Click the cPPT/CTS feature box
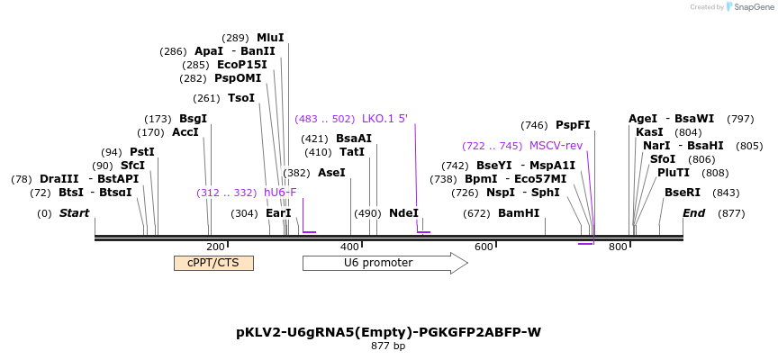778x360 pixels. [x=213, y=263]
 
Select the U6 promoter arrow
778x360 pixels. [x=385, y=263]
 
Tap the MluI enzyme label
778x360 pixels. [x=270, y=38]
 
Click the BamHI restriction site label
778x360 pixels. [x=519, y=213]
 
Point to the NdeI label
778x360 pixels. [x=404, y=213]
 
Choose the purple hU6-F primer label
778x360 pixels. [x=280, y=193]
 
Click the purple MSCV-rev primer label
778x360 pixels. [x=556, y=146]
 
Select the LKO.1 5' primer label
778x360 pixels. [x=385, y=119]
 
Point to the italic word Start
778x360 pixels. [x=75, y=213]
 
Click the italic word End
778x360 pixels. [x=693, y=213]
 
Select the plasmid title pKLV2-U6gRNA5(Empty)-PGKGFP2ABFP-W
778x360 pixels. [x=388, y=332]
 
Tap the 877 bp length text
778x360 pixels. [x=388, y=346]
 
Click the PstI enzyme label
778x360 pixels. [x=142, y=152]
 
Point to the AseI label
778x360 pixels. [x=331, y=173]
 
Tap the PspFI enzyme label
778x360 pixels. [x=573, y=125]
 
